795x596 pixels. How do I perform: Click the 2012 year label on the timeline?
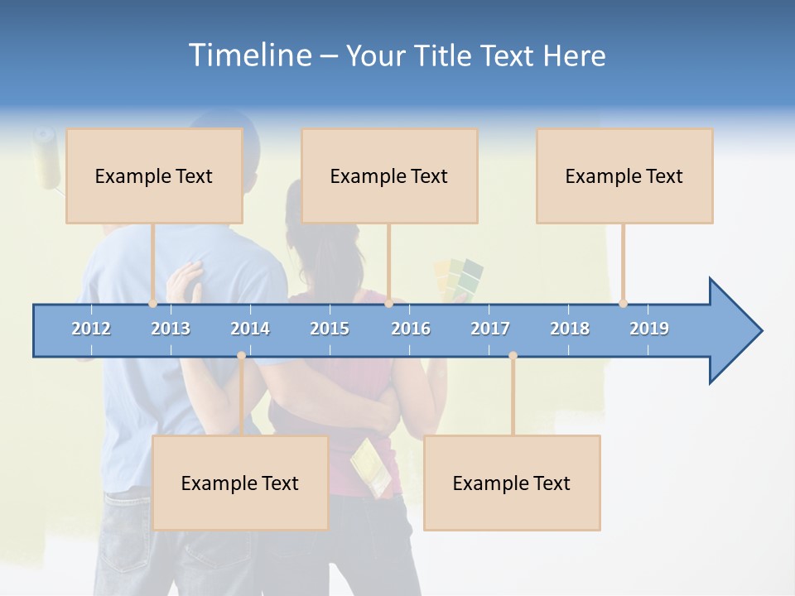91,329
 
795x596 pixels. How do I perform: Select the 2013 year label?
171,329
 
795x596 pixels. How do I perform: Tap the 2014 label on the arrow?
250,329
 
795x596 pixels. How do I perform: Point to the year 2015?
330,329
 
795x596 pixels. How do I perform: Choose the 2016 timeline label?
411,329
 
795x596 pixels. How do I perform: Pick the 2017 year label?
490,329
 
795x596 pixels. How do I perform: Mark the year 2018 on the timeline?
570,329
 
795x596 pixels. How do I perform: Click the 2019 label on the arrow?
649,329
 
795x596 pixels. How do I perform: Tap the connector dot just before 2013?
152,303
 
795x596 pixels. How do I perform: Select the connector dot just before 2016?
388,303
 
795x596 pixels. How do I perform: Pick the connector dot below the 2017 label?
513,356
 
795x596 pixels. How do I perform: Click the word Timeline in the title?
248,55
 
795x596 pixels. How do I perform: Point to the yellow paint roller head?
47,157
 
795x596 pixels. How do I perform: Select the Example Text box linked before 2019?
624,175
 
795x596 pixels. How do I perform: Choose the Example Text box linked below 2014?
240,483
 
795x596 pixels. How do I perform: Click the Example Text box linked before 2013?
154,175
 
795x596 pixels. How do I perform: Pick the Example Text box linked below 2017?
512,483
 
